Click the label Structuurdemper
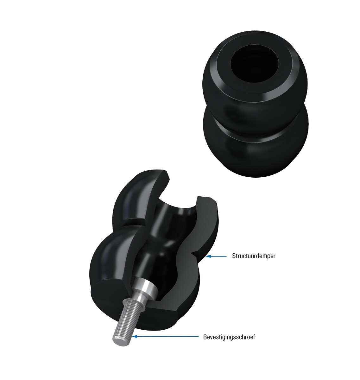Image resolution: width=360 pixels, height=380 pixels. pos(254,256)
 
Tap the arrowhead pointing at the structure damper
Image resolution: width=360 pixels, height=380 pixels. pos(208,256)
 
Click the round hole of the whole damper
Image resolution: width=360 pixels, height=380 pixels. pos(255,64)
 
